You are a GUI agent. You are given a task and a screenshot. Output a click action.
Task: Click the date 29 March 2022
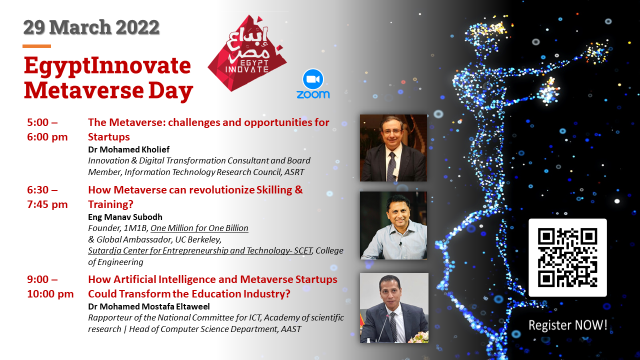[x=91, y=27]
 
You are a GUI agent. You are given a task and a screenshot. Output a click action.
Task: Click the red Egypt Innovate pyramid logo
[x=247, y=53]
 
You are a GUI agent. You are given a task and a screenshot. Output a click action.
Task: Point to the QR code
[x=567, y=257]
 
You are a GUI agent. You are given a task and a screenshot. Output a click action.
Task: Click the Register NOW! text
[x=567, y=325]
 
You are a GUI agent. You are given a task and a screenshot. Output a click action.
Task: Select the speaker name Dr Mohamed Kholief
[x=128, y=149]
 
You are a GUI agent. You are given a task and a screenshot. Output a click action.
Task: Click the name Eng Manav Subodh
[x=125, y=217]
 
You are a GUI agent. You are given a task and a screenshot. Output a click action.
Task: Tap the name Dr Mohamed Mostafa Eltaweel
[x=149, y=306]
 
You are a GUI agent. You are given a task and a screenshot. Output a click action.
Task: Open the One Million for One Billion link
[x=199, y=228]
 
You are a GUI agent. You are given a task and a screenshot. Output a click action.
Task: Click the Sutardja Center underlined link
[x=200, y=250]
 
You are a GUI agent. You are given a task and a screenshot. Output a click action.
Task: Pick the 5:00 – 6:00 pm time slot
[x=47, y=129]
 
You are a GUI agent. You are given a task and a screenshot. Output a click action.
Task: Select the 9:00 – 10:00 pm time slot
[x=50, y=286]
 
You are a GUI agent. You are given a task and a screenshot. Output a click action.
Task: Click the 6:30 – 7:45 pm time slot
[x=47, y=197]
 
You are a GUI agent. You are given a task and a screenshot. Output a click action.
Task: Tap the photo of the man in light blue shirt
[x=393, y=225]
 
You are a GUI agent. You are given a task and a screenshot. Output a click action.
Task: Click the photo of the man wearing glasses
[x=393, y=148]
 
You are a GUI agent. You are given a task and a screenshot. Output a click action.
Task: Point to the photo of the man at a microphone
[x=394, y=307]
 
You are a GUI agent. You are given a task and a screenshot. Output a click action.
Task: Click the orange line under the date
[x=36, y=46]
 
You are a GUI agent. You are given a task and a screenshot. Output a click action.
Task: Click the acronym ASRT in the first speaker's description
[x=294, y=172]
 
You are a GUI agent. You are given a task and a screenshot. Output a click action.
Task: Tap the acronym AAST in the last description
[x=291, y=329]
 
